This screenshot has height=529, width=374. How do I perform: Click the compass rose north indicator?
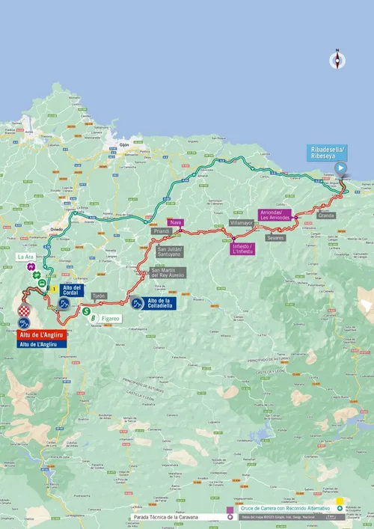click(x=337, y=61)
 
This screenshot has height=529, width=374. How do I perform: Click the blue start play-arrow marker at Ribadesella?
click(x=340, y=168)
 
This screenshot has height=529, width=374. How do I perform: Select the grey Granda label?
click(x=326, y=215)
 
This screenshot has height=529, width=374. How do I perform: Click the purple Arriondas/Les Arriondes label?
click(x=275, y=214)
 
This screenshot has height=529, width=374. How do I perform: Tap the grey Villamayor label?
click(x=242, y=223)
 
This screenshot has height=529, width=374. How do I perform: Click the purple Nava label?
click(x=176, y=222)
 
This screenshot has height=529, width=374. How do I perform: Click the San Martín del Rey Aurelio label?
click(x=168, y=274)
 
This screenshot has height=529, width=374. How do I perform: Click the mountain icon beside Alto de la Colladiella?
click(x=137, y=303)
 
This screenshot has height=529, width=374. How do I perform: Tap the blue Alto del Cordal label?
click(x=72, y=290)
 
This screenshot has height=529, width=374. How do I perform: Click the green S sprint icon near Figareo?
click(x=87, y=311)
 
